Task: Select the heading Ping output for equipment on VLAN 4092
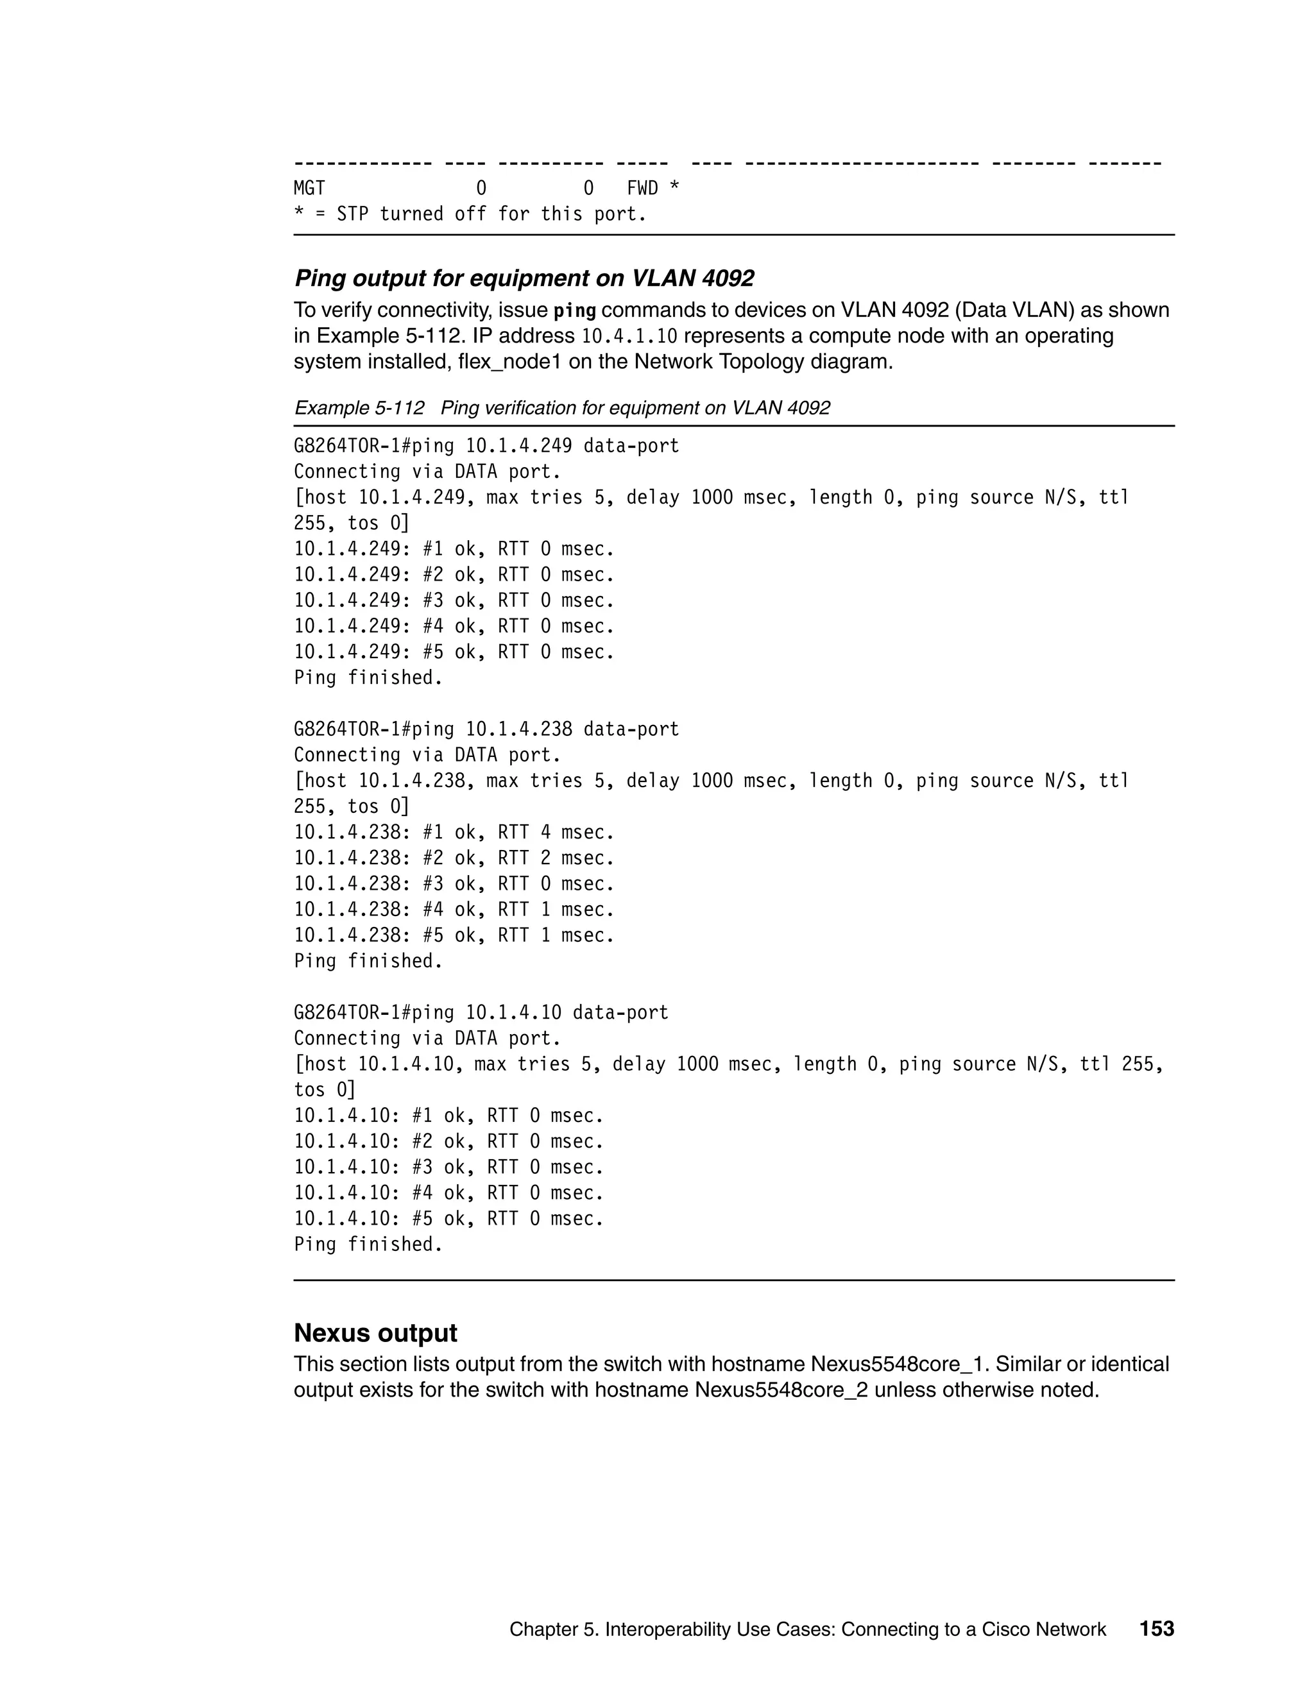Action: (524, 278)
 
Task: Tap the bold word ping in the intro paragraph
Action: (574, 310)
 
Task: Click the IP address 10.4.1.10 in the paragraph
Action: (630, 336)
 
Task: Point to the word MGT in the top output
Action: (309, 189)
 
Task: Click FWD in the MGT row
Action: (643, 189)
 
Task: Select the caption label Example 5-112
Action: (359, 408)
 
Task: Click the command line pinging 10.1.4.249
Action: (486, 446)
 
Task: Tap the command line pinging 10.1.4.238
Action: (486, 729)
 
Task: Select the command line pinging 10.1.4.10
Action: (481, 1013)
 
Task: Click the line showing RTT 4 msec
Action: (454, 833)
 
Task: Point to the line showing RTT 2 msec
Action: (454, 858)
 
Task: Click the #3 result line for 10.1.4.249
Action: (454, 601)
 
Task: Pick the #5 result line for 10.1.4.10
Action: (448, 1219)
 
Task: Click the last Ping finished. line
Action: (368, 1245)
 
